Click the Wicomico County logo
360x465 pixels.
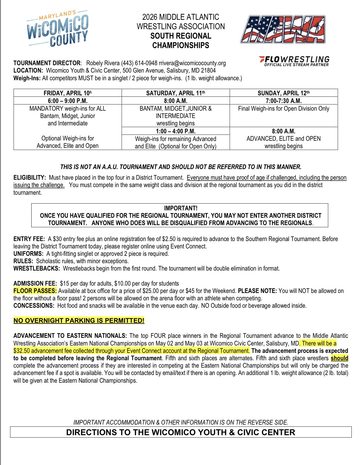[x=58, y=29]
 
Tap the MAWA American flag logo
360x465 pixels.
[x=283, y=30]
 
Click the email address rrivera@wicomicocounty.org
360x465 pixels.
[x=192, y=63]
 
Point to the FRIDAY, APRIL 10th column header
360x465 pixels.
[x=68, y=93]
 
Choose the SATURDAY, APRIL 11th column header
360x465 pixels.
[x=176, y=93]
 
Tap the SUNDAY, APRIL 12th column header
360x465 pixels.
[x=284, y=93]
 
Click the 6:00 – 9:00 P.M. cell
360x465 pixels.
[x=68, y=101]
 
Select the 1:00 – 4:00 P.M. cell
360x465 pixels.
[x=176, y=131]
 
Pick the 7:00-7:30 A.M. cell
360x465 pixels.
[x=284, y=101]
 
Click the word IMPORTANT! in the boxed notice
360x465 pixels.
[x=181, y=208]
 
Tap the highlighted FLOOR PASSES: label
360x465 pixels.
[x=35, y=291]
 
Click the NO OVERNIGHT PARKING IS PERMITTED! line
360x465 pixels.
[x=79, y=320]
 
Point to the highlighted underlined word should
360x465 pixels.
[x=339, y=358]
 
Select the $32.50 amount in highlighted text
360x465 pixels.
[x=22, y=351]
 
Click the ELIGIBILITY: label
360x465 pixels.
[x=30, y=178]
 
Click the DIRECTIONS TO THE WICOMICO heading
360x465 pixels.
[x=181, y=432]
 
